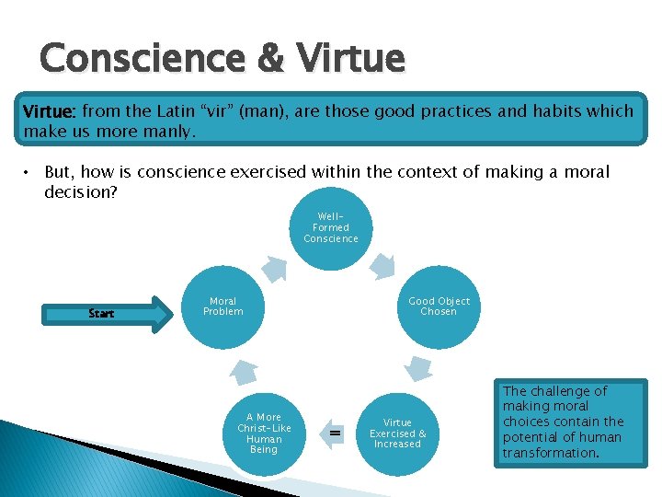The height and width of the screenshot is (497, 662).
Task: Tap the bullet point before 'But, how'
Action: click(29, 172)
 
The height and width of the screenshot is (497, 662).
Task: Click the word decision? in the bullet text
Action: click(81, 193)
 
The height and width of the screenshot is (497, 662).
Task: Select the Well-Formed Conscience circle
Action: click(331, 228)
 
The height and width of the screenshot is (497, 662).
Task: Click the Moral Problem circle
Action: click(223, 307)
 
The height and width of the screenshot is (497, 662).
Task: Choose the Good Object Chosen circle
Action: click(439, 307)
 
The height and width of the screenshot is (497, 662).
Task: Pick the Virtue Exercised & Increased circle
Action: click(397, 433)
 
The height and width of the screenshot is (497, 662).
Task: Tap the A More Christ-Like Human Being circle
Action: click(263, 433)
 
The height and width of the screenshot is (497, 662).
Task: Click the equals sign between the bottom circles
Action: click(336, 432)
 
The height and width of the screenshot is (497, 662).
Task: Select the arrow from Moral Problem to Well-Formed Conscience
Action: click(274, 266)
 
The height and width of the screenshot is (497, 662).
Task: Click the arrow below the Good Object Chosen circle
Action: click(420, 369)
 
